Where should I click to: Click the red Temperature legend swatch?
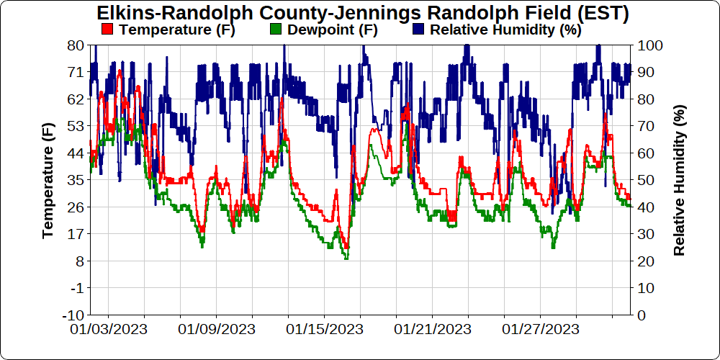pyautogui.click(x=108, y=30)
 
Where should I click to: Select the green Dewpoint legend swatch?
pyautogui.click(x=274, y=30)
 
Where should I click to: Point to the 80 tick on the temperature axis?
pyautogui.click(x=76, y=45)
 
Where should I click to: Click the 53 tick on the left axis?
pyautogui.click(x=76, y=126)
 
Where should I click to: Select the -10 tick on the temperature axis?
pyautogui.click(x=73, y=315)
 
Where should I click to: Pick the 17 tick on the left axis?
pyautogui.click(x=76, y=234)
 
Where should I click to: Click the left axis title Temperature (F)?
pyautogui.click(x=48, y=180)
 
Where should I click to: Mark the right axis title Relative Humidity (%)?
pyautogui.click(x=679, y=180)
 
